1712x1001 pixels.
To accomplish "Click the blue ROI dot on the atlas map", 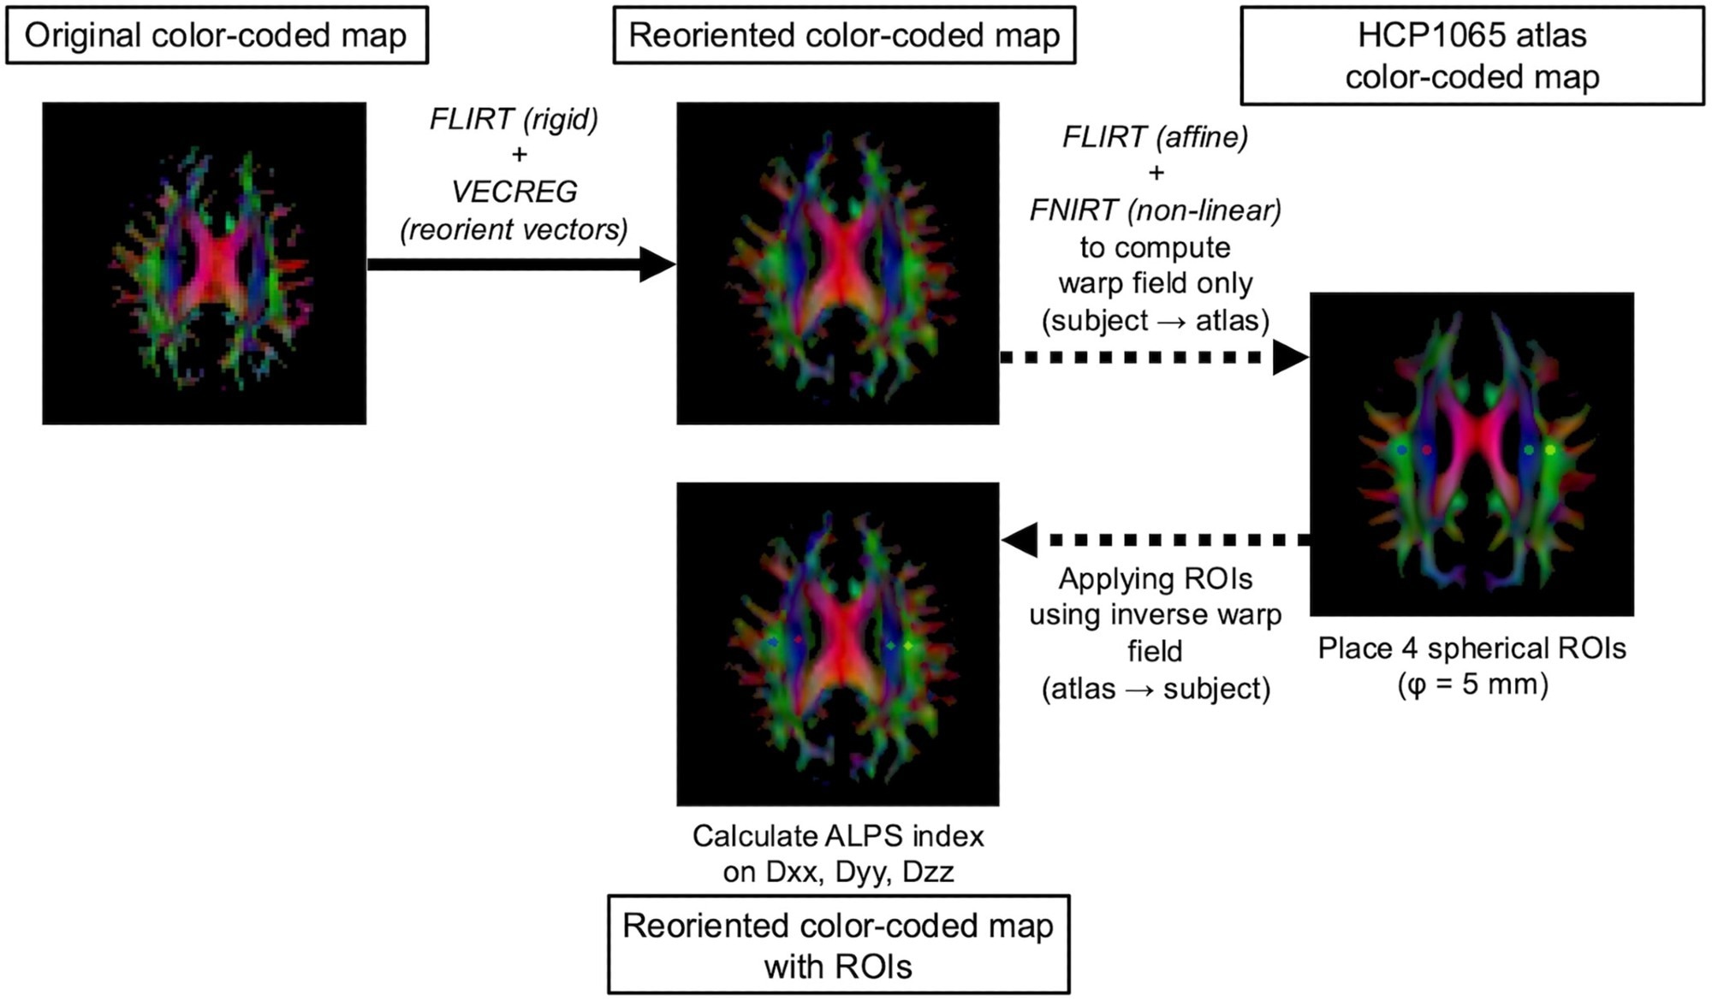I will point(1401,449).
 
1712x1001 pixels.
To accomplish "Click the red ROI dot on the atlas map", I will point(1427,449).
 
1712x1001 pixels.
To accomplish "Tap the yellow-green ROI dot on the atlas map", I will point(1550,449).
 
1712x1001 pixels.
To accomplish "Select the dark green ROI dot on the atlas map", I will point(1529,449).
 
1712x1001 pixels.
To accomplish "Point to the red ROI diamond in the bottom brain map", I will point(799,639).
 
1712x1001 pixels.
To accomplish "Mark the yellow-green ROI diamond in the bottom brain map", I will point(908,644).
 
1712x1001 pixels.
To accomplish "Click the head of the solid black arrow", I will point(657,264).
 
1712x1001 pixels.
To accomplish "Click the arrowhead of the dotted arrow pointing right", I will point(1290,358).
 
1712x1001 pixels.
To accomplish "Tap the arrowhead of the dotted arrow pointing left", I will point(1020,540).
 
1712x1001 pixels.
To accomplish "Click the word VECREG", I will point(514,192).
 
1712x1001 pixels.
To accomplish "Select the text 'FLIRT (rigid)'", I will point(514,119).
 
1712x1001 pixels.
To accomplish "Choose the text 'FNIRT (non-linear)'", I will point(1156,210).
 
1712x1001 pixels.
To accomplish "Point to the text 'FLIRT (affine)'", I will point(1156,137).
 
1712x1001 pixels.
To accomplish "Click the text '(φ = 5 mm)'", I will point(1472,685).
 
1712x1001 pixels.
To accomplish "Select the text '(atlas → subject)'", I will point(1156,689).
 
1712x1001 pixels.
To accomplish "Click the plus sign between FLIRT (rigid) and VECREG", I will point(518,155).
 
